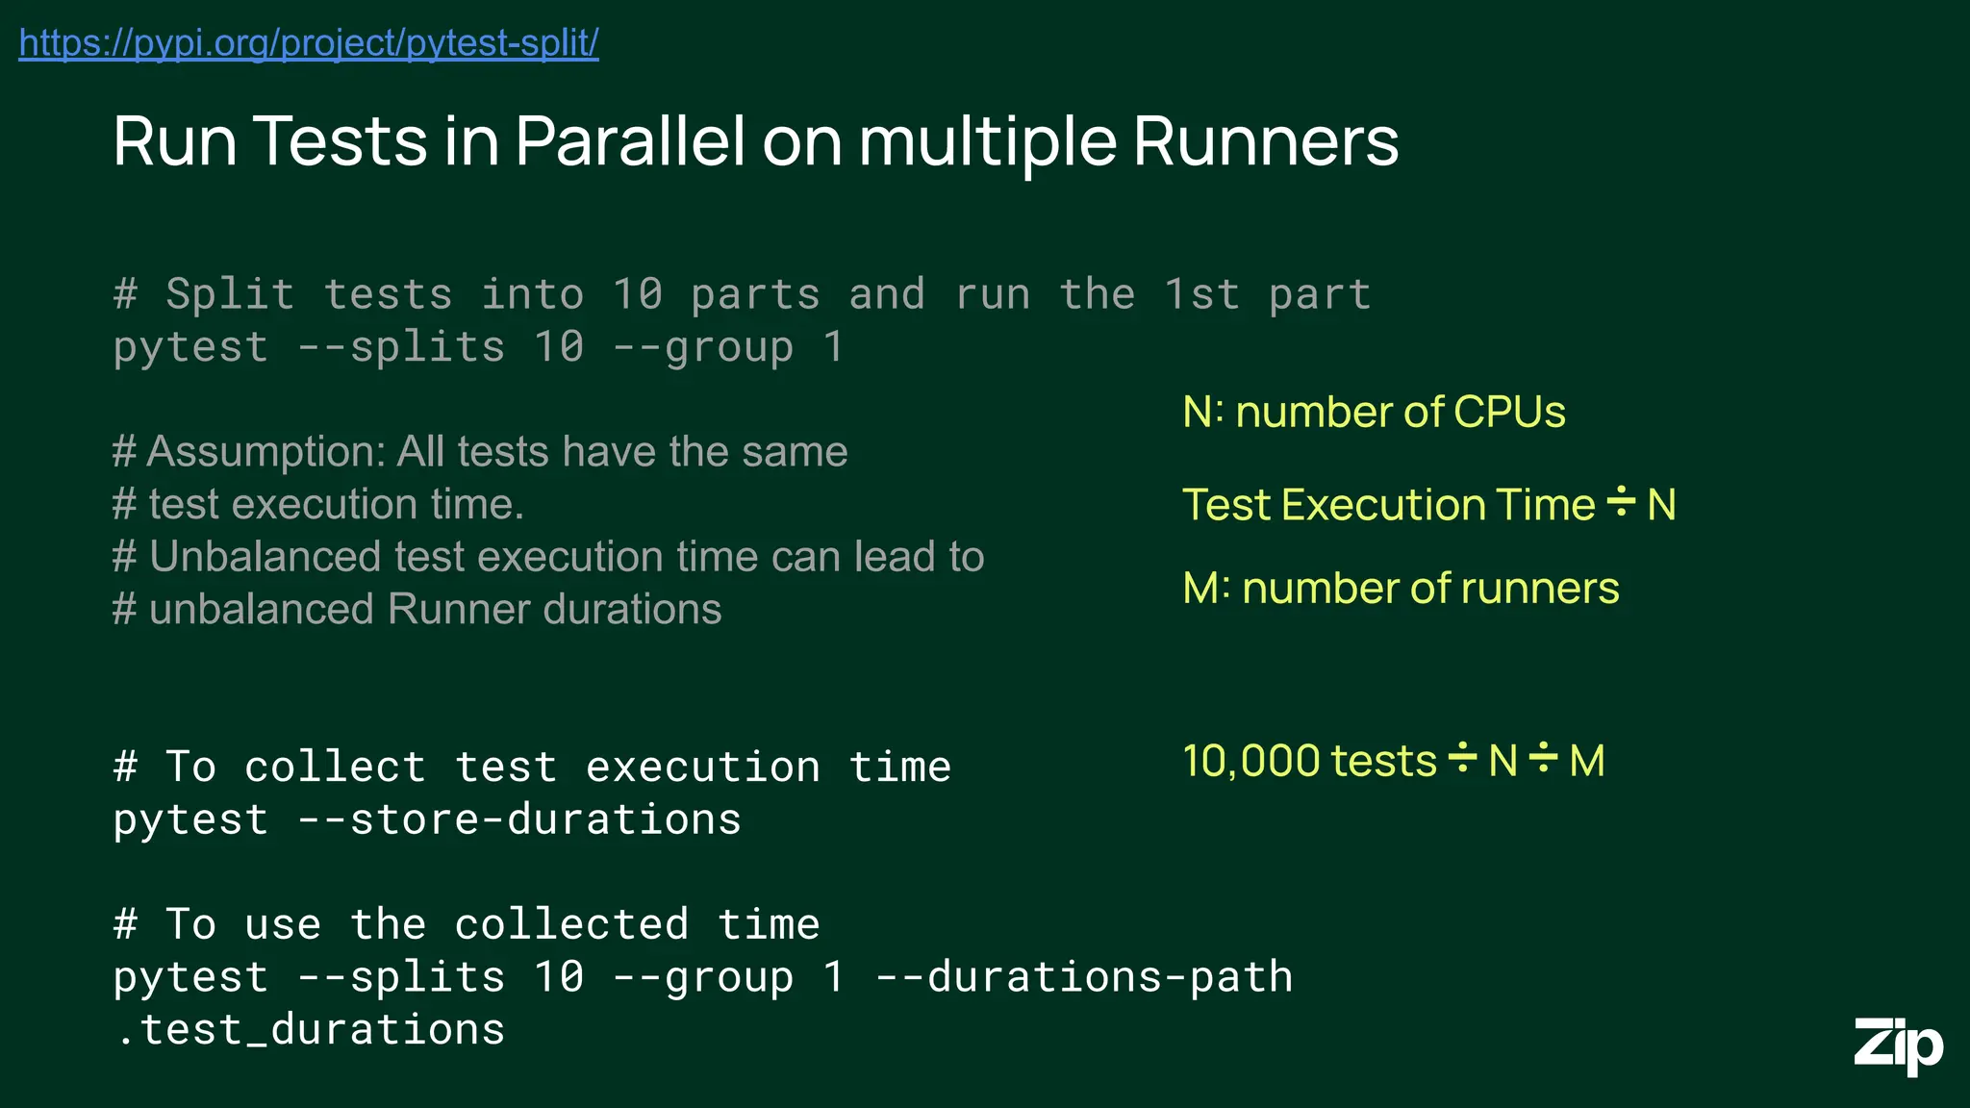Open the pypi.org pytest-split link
point(309,43)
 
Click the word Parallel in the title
point(630,141)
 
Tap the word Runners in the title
point(1265,141)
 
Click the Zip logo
point(1898,1045)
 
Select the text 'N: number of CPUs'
point(1374,412)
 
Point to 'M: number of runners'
point(1401,588)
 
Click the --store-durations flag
point(519,819)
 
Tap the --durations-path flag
point(1084,977)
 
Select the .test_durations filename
point(310,1030)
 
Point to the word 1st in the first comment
point(1201,294)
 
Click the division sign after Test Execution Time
point(1621,503)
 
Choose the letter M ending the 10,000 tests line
point(1586,761)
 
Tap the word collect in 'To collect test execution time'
point(335,768)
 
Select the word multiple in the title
point(985,141)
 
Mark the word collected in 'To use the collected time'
point(571,925)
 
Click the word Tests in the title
point(341,141)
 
